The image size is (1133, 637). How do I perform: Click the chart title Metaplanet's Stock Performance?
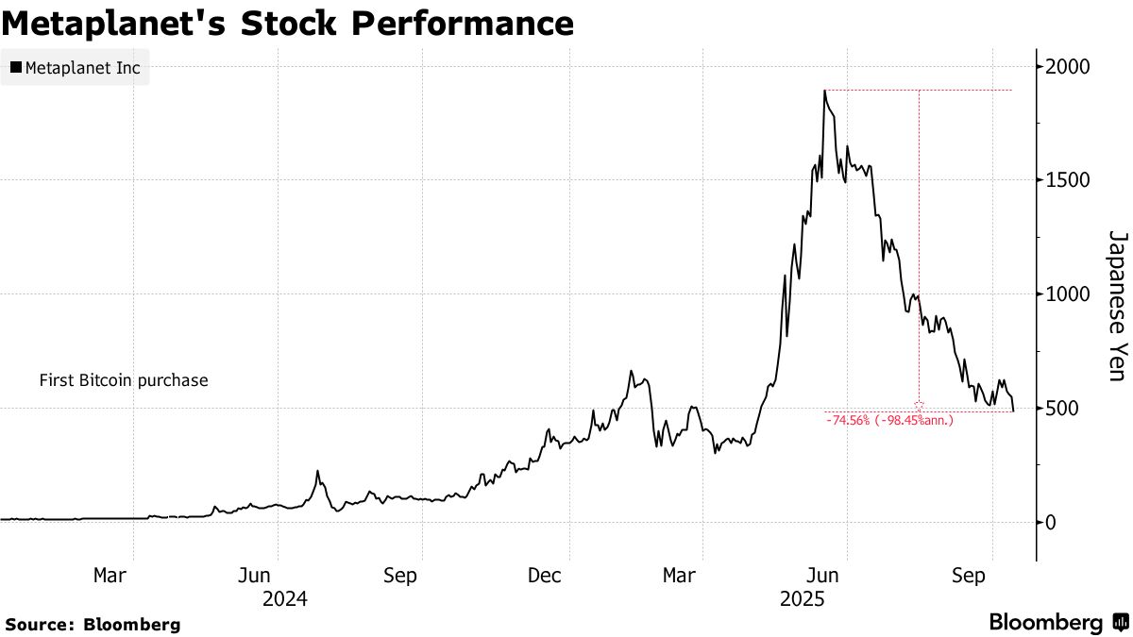pos(287,23)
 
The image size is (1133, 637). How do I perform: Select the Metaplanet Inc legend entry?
pos(75,68)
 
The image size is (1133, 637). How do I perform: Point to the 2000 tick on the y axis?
pos(1067,67)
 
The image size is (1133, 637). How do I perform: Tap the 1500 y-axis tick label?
pos(1067,180)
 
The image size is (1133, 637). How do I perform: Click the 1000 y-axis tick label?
pos(1067,294)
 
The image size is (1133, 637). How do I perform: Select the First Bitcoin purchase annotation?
pos(124,381)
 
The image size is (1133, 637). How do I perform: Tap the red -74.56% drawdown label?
pos(889,421)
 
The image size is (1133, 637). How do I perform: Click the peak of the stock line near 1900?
pos(824,91)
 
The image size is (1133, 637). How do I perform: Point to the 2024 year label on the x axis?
pos(285,597)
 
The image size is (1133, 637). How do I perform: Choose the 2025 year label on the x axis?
pos(802,597)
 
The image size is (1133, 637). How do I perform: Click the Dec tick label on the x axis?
pos(545,575)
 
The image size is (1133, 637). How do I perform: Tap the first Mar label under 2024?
pos(111,575)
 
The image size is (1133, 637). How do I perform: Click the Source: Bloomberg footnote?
pos(93,624)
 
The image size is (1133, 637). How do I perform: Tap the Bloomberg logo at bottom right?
pos(1058,623)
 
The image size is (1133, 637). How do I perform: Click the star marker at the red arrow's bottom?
pos(919,404)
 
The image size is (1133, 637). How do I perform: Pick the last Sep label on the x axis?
pos(970,575)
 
